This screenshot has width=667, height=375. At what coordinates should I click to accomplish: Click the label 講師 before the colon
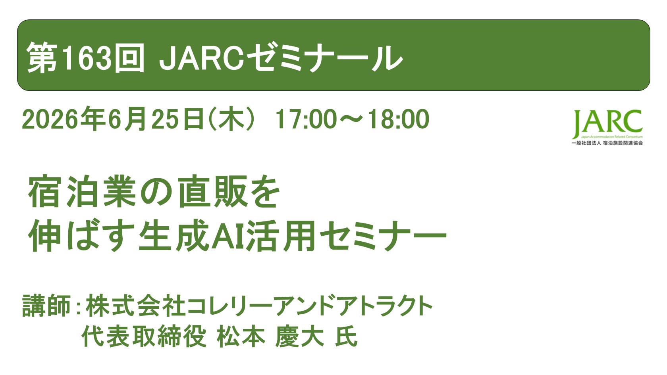pyautogui.click(x=46, y=306)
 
